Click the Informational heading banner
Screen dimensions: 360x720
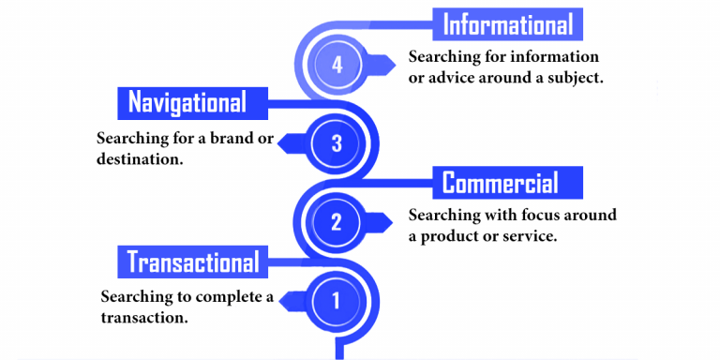(x=507, y=23)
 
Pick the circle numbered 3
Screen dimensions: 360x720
(x=337, y=143)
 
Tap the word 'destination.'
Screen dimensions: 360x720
(x=140, y=158)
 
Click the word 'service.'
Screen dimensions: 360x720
(x=528, y=236)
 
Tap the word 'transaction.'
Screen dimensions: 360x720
(x=144, y=318)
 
